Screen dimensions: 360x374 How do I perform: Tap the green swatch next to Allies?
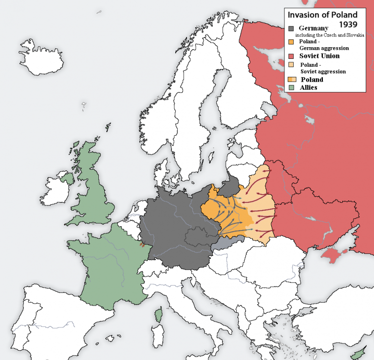292,88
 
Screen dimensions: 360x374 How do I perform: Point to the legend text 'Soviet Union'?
319,56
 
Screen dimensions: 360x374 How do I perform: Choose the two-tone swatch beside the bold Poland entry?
293,80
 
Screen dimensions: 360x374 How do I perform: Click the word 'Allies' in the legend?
308,88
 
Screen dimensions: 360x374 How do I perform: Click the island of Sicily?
202,353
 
